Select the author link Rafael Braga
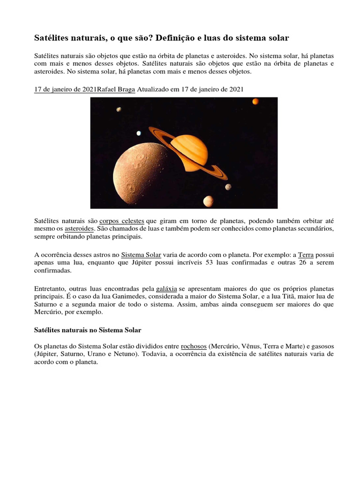[116, 90]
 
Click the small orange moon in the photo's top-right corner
[255, 101]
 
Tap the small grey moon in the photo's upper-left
[119, 110]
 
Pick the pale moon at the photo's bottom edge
[208, 201]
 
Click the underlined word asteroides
[79, 229]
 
